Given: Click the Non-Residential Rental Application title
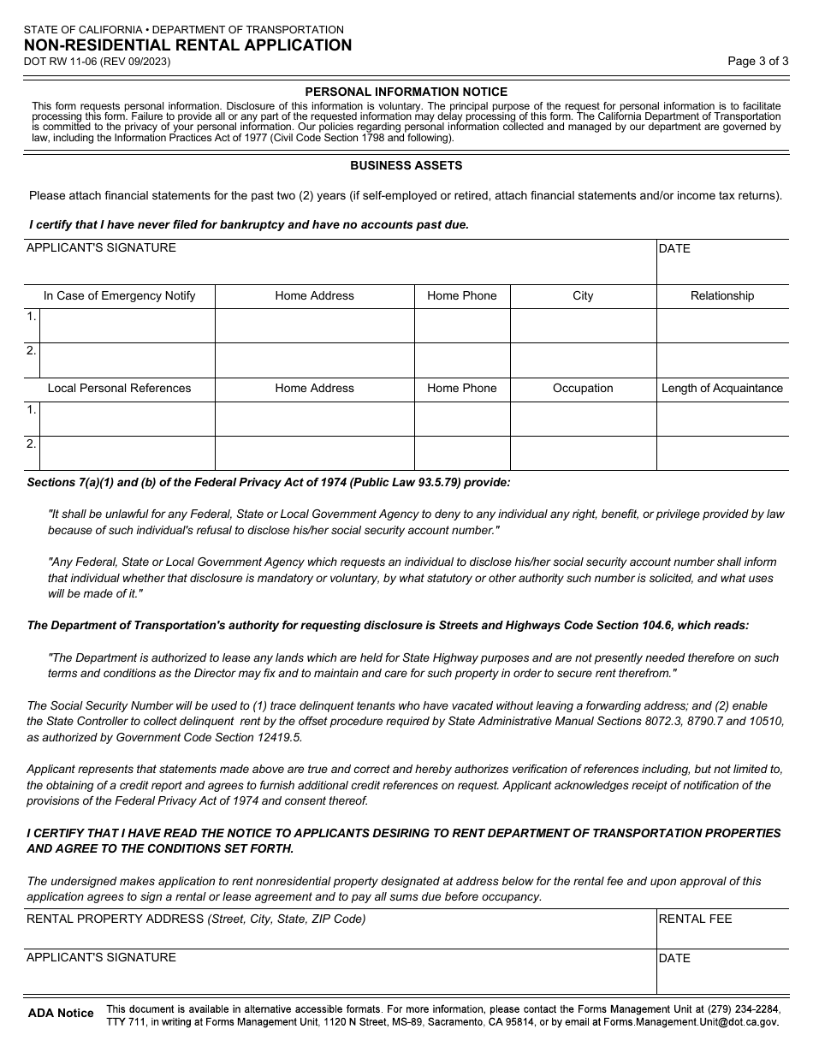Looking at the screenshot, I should coord(187,45).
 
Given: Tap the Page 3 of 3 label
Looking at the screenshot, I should coord(757,61).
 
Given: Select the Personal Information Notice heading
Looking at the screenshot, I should coord(406,92).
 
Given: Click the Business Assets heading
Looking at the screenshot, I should coord(406,165).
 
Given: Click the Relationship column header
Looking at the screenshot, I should coord(721,295).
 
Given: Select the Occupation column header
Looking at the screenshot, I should coord(583,388).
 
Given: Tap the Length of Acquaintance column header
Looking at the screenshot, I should coord(721,388).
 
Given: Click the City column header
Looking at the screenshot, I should coord(583,295).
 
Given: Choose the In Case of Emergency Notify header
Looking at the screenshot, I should coord(119,295).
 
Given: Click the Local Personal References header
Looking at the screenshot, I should coord(119,388).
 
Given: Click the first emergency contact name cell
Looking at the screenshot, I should coord(127,325).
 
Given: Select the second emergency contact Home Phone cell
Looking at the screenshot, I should coord(462,360).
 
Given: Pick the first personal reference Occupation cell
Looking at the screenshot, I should coord(583,419).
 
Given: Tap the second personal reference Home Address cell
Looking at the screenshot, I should coord(314,453).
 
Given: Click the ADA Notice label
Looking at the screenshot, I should coord(61,1013).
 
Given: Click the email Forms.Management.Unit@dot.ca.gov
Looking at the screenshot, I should coord(691,1021).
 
